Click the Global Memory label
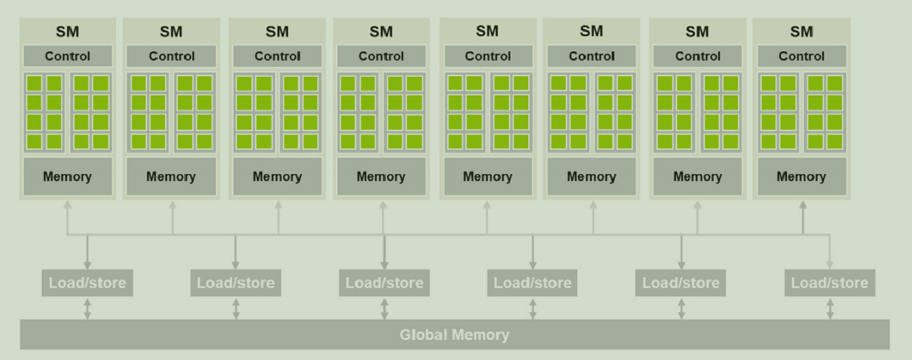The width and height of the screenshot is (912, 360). [454, 335]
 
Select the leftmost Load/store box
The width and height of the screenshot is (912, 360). [87, 283]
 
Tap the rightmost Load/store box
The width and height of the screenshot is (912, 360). [830, 283]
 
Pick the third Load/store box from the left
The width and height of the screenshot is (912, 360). [384, 283]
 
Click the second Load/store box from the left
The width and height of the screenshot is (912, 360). [236, 283]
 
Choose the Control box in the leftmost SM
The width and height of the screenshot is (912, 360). [67, 56]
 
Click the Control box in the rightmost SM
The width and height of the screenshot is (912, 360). [801, 56]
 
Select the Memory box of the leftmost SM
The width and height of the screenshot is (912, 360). [67, 176]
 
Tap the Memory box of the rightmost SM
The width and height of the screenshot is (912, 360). [801, 176]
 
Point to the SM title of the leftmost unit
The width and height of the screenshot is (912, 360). [67, 32]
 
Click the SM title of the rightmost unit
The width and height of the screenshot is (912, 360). [801, 32]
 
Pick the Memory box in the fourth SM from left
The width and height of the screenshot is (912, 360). [381, 176]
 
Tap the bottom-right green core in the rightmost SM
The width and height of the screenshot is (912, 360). [835, 142]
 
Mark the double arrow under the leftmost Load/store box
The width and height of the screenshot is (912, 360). [87, 308]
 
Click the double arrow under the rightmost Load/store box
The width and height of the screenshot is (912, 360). [830, 308]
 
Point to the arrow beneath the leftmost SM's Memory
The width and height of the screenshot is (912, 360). [67, 216]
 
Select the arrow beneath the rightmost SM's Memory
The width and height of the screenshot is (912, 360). [802, 216]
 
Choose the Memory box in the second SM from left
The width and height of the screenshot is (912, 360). [171, 176]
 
